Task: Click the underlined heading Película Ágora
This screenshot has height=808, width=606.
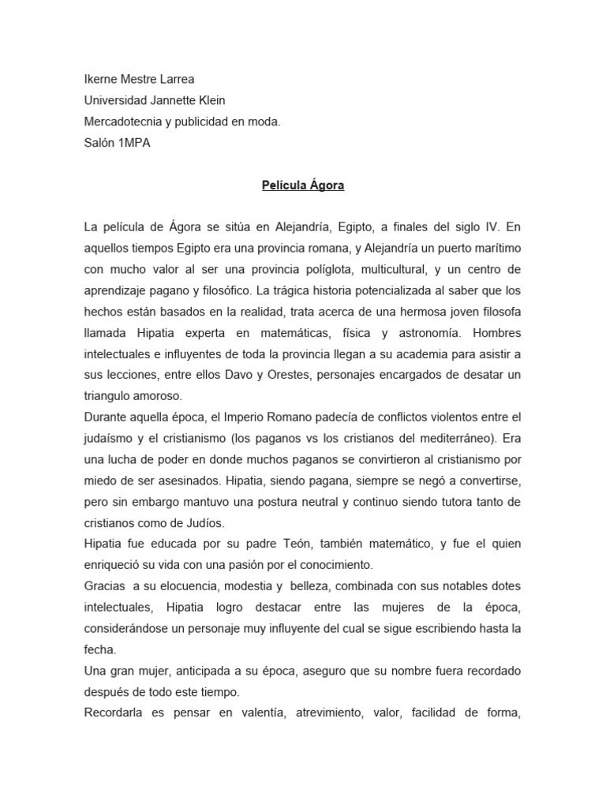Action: coord(303,186)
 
